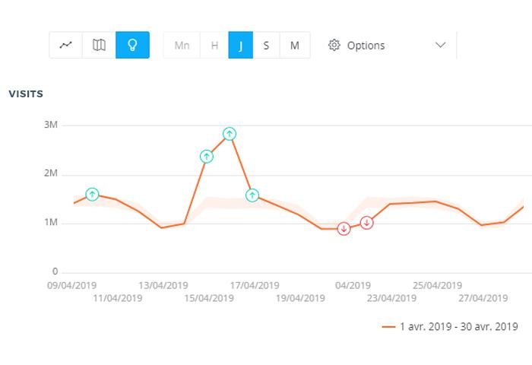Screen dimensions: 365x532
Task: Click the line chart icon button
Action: pos(65,45)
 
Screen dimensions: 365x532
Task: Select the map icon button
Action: pos(99,45)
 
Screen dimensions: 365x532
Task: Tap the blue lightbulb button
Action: pos(132,45)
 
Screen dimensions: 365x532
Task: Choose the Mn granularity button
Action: pos(182,46)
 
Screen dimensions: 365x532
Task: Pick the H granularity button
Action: pos(214,46)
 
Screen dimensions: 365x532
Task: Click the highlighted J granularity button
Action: pos(240,46)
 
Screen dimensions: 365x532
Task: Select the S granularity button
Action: pos(266,46)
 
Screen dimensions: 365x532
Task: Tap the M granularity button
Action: pos(294,46)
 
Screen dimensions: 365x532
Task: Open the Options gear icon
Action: pos(334,46)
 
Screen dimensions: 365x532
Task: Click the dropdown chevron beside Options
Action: pos(440,46)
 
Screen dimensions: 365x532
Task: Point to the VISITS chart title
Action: pos(26,94)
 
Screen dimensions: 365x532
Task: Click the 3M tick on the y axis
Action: pos(49,125)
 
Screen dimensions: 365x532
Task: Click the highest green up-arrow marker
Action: pos(230,134)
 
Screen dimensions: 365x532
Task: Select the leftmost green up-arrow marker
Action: pos(92,195)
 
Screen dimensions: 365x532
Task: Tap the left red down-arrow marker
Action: pos(344,229)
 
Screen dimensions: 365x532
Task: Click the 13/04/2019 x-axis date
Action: pos(163,286)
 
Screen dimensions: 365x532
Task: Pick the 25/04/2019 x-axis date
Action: pos(437,286)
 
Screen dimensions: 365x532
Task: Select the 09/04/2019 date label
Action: pos(71,286)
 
